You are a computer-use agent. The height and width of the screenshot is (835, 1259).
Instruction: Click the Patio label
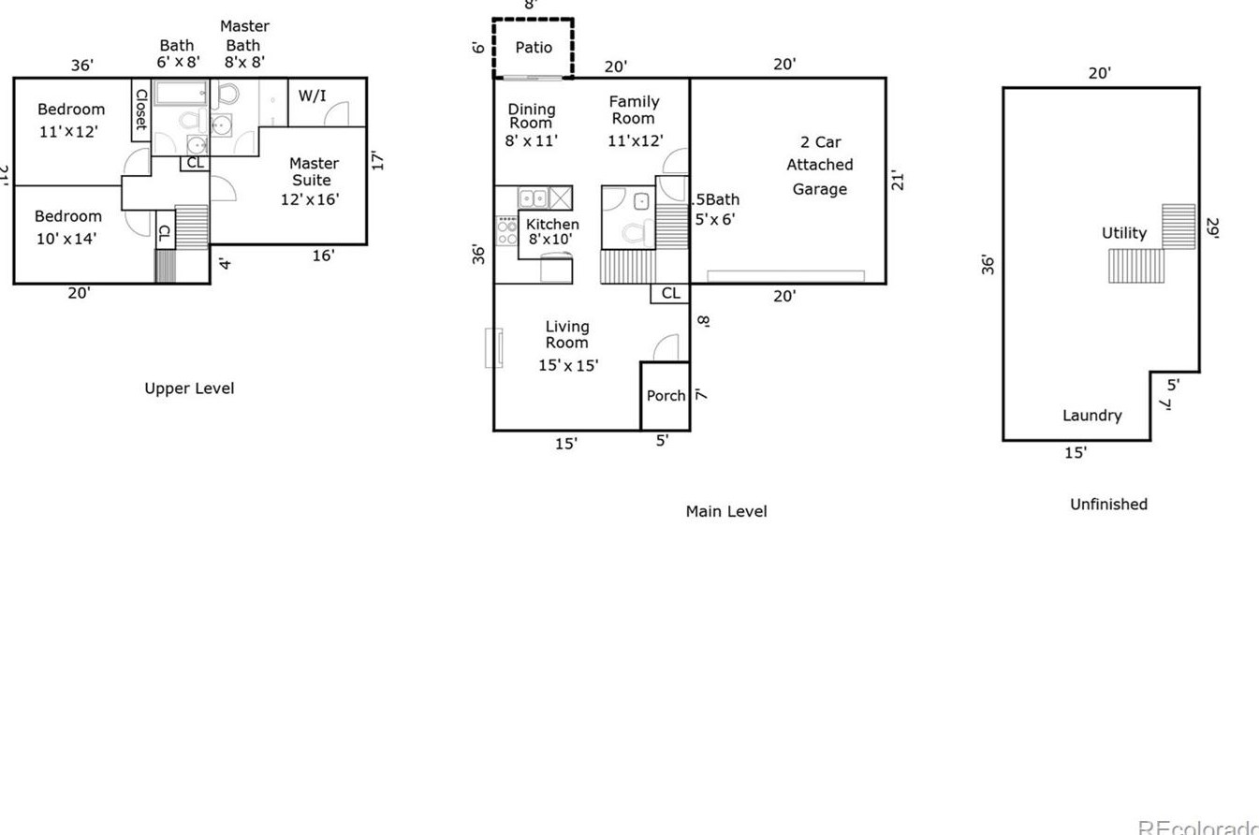[534, 48]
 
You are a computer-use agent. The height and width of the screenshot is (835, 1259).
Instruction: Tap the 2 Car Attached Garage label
[820, 166]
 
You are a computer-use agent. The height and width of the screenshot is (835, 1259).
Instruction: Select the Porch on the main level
[666, 396]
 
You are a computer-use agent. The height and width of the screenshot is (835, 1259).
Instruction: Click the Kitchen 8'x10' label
[552, 231]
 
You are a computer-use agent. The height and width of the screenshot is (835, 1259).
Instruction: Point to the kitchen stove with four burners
[506, 230]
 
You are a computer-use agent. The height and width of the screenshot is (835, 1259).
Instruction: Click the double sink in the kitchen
[534, 198]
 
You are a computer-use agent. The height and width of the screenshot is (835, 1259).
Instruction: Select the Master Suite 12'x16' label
[312, 182]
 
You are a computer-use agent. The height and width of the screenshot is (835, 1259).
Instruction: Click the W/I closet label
[312, 95]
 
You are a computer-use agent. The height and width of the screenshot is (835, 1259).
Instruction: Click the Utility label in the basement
[1123, 233]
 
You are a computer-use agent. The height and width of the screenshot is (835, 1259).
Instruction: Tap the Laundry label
[1091, 416]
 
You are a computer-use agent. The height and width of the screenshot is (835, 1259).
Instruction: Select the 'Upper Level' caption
[189, 388]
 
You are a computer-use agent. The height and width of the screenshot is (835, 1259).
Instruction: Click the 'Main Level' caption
[725, 511]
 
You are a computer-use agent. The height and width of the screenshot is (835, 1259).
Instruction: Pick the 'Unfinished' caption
[1108, 505]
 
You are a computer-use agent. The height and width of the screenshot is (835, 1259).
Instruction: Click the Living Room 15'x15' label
[567, 346]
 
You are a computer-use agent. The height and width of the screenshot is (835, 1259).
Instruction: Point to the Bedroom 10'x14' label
[67, 227]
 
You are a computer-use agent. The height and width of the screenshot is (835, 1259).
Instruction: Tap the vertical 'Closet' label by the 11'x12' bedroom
[140, 110]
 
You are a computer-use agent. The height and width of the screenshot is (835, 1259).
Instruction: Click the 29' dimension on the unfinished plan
[1213, 228]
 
